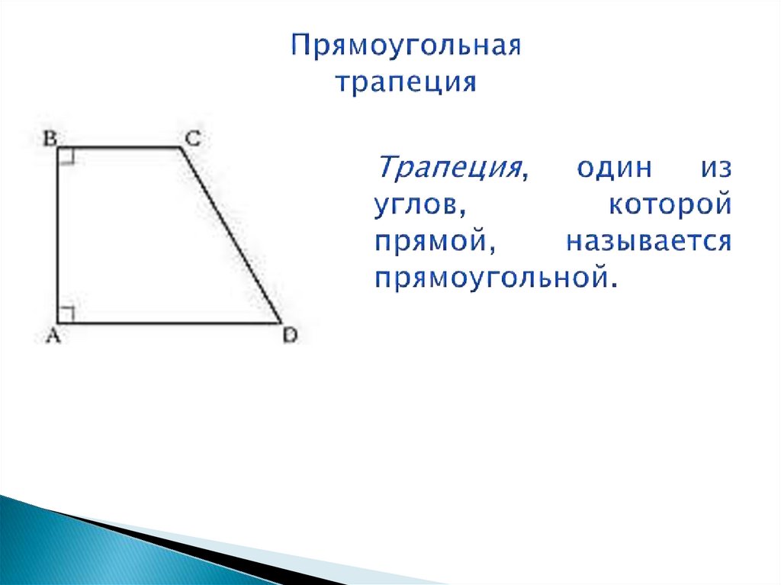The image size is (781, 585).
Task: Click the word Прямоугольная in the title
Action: (x=407, y=47)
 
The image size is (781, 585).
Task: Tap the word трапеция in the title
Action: (x=407, y=81)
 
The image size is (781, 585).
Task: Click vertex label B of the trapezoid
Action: (x=49, y=138)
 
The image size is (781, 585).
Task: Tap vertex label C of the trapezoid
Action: (x=192, y=138)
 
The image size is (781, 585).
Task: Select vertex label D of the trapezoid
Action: (x=289, y=335)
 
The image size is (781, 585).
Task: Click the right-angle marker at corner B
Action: (x=66, y=156)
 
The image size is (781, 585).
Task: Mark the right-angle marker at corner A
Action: (x=66, y=314)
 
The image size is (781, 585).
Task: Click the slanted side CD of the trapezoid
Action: (x=232, y=236)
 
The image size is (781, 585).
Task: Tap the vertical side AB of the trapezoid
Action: (x=58, y=236)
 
